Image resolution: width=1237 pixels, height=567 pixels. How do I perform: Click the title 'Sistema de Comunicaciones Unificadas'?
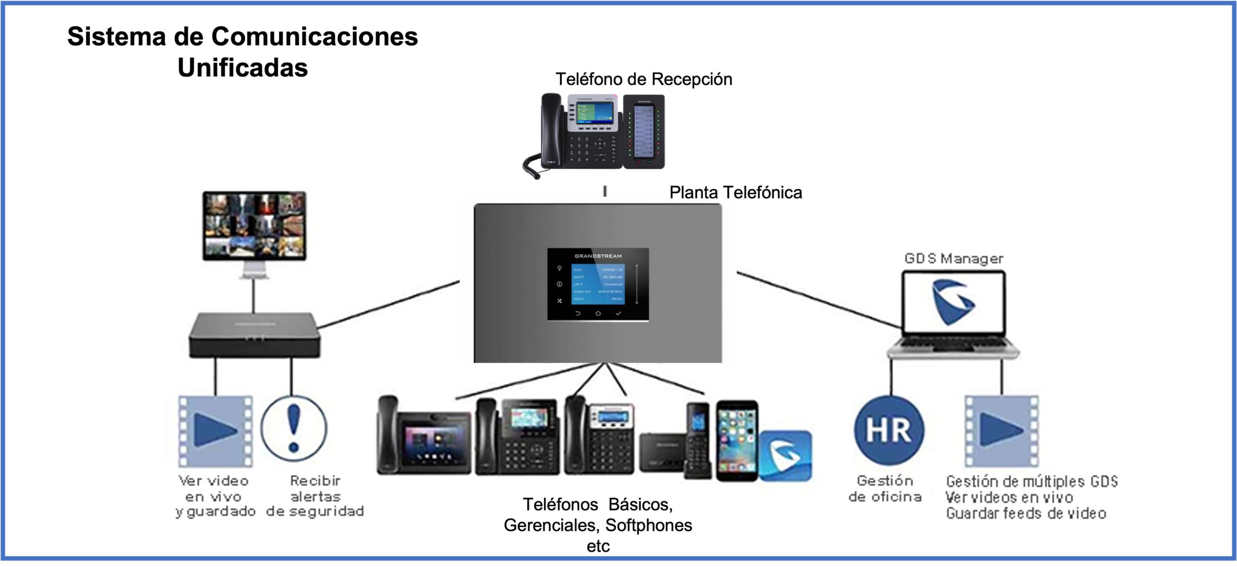click(x=243, y=52)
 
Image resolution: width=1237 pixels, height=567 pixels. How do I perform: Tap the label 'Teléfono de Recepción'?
click(x=644, y=79)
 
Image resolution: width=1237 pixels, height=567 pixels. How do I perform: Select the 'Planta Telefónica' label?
click(x=735, y=193)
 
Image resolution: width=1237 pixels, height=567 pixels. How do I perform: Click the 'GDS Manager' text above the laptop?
click(x=954, y=259)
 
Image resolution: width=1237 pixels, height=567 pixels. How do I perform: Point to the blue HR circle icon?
click(x=889, y=430)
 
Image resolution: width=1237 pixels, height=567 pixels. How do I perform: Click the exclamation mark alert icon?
click(x=294, y=428)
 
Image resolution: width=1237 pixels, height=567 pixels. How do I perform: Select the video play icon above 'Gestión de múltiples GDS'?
click(x=1001, y=431)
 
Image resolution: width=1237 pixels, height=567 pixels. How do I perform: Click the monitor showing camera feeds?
click(x=254, y=226)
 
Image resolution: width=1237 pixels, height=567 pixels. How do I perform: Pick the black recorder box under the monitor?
click(x=255, y=335)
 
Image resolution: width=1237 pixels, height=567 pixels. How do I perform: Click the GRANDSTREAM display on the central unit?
click(x=598, y=284)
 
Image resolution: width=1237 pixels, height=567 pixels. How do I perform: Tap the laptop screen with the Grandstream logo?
click(x=953, y=303)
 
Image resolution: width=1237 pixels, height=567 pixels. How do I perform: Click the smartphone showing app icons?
click(x=736, y=440)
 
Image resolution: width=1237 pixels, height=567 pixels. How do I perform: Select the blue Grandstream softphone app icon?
click(x=785, y=456)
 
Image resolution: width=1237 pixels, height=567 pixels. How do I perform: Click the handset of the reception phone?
click(x=550, y=131)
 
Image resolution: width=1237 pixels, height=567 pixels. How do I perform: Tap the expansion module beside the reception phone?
click(x=644, y=131)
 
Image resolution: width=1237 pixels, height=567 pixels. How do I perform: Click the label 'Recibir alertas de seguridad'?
click(x=316, y=496)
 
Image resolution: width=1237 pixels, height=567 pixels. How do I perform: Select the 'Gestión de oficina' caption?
click(x=885, y=489)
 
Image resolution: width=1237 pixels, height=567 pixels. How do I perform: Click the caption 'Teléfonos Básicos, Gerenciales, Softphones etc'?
click(x=598, y=525)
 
